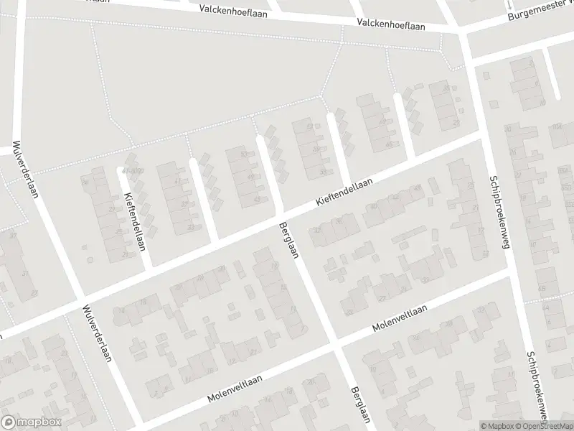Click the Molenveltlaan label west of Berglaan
[234, 388]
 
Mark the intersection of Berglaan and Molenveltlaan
[336, 347]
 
